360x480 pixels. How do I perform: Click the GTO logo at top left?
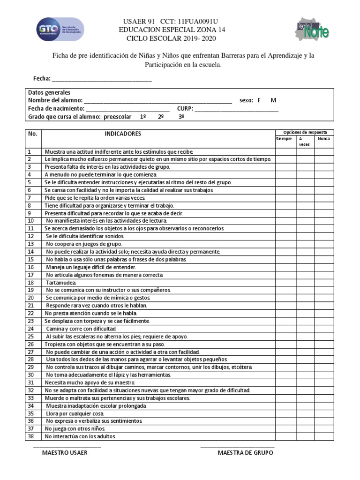point(60,29)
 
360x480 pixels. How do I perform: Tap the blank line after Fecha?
point(102,79)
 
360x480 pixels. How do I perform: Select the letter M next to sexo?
point(274,100)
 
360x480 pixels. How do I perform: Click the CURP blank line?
point(237,109)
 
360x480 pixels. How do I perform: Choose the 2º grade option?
point(161,117)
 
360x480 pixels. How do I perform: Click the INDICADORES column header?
point(122,134)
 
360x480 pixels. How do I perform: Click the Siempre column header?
point(284,139)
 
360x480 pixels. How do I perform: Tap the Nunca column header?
point(323,139)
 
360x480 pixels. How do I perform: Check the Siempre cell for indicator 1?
point(285,152)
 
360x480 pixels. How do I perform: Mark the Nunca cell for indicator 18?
point(324,283)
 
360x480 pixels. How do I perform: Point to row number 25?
point(31,337)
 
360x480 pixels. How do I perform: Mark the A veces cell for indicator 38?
point(305,436)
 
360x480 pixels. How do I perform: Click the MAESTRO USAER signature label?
point(65,453)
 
